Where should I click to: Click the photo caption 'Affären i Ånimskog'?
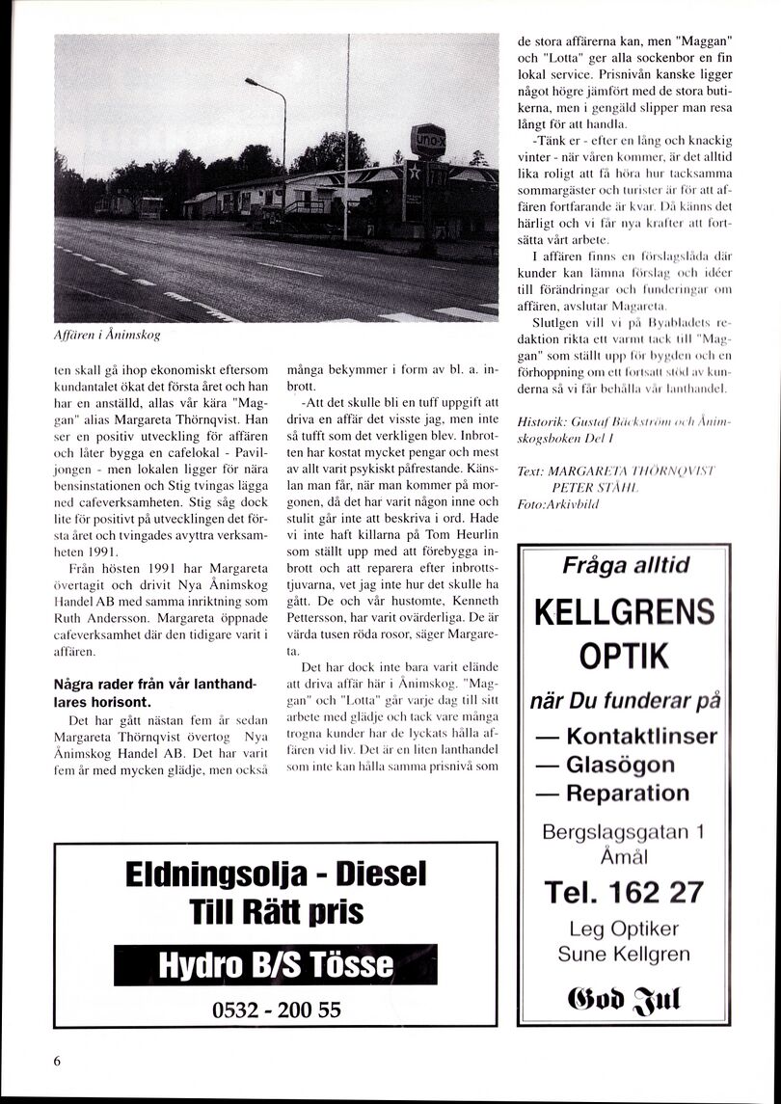click(107, 336)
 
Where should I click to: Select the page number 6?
click(57, 1061)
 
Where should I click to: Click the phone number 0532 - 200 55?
click(276, 1010)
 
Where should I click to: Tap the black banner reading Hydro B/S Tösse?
click(276, 964)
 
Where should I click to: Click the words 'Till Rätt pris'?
click(276, 912)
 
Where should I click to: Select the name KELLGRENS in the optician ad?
click(624, 611)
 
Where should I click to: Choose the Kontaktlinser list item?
click(638, 736)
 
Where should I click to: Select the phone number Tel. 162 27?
click(624, 893)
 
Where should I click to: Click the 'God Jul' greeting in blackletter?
click(624, 993)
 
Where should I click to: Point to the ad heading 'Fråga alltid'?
click(626, 566)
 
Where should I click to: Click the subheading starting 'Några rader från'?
click(155, 692)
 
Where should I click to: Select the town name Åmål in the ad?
click(624, 857)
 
